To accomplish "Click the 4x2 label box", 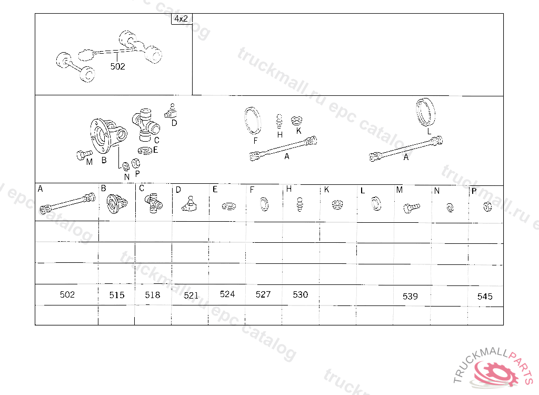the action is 182,19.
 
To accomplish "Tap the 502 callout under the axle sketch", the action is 117,66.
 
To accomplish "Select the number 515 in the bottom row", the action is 117,295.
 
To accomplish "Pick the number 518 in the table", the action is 152,295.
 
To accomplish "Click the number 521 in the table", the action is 191,295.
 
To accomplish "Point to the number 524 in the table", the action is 227,294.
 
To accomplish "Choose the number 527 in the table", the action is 263,294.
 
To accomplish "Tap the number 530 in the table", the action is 301,294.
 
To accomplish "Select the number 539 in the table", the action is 410,296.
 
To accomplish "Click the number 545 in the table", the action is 485,296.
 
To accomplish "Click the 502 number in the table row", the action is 67,294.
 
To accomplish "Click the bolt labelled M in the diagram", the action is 84,155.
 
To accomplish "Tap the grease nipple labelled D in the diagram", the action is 171,111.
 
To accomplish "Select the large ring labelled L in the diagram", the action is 425,112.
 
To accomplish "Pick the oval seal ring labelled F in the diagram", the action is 252,121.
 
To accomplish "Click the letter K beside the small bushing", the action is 299,131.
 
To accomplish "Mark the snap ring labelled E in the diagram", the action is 145,151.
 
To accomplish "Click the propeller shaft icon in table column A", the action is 68,204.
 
